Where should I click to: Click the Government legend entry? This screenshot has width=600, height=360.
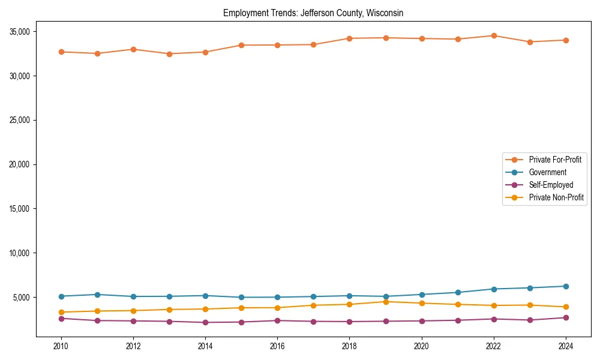tap(547, 172)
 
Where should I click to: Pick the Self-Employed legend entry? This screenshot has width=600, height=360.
tap(551, 185)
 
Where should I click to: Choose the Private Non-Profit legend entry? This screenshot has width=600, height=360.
tap(556, 197)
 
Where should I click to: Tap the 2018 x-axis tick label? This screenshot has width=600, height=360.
tap(349, 346)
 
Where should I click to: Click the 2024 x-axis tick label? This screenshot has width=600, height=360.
tap(566, 346)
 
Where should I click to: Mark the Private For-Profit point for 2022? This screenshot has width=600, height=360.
tap(494, 35)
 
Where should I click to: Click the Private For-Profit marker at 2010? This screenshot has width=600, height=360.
tap(61, 52)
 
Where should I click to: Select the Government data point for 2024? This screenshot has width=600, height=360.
tap(566, 286)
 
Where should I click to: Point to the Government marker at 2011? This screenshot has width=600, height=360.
tap(97, 295)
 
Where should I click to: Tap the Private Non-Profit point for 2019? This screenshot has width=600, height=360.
tap(386, 302)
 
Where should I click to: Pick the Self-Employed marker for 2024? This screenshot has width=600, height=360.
tap(566, 317)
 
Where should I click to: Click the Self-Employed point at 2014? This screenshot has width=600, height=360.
tap(205, 322)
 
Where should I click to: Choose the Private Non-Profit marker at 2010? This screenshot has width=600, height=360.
tap(61, 312)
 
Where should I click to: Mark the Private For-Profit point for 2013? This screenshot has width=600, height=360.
tap(169, 54)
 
